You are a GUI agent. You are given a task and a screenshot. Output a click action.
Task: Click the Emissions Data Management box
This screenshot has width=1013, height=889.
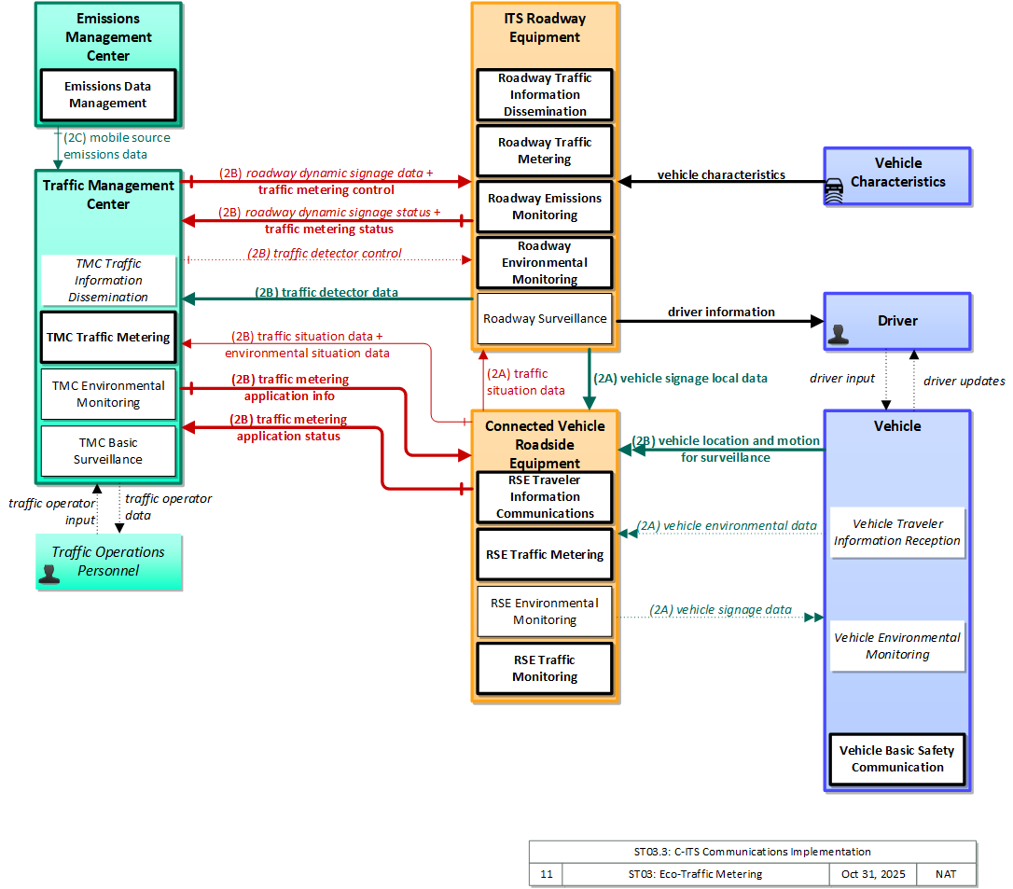click(x=108, y=95)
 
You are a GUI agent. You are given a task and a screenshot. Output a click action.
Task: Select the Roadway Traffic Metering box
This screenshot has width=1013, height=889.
click(x=545, y=150)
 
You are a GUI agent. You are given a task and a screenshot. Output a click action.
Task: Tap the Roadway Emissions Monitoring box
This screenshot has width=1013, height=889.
click(x=545, y=207)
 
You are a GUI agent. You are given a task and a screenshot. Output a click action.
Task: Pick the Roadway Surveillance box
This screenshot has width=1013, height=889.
click(x=545, y=318)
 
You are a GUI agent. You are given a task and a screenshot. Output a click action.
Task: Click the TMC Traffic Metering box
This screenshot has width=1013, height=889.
click(x=108, y=338)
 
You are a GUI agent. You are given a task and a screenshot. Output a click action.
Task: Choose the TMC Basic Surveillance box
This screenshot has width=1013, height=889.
click(x=108, y=451)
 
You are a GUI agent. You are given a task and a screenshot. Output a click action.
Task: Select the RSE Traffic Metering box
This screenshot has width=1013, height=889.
click(x=545, y=554)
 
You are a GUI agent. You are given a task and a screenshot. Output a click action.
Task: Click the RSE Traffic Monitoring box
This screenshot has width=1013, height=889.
click(x=545, y=668)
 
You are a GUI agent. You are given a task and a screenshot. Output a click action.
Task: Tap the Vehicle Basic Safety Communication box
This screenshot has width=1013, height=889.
click(x=897, y=759)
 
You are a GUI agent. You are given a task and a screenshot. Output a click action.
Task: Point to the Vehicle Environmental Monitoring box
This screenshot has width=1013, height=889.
click(x=897, y=646)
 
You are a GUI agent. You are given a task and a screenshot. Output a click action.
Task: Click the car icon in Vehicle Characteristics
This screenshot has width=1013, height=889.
click(x=834, y=191)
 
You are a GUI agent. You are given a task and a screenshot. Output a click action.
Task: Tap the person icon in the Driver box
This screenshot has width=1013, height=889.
click(x=839, y=334)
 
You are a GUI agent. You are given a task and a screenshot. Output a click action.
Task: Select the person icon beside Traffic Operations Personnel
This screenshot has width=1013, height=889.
click(x=49, y=574)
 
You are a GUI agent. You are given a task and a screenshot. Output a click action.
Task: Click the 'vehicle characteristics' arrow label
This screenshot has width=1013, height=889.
click(x=721, y=174)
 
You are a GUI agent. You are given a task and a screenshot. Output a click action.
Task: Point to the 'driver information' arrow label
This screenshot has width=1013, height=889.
click(x=721, y=313)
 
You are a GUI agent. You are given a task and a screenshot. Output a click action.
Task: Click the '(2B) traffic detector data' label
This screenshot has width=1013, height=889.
click(x=326, y=292)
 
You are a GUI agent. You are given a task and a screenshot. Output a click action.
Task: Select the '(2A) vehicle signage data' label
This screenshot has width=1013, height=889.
click(x=720, y=609)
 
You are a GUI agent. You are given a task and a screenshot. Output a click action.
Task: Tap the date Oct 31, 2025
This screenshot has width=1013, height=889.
click(x=873, y=874)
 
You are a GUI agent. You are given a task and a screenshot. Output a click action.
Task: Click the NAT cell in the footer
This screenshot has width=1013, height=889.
click(x=946, y=874)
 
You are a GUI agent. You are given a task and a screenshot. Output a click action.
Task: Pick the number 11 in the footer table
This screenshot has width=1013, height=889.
click(x=547, y=874)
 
